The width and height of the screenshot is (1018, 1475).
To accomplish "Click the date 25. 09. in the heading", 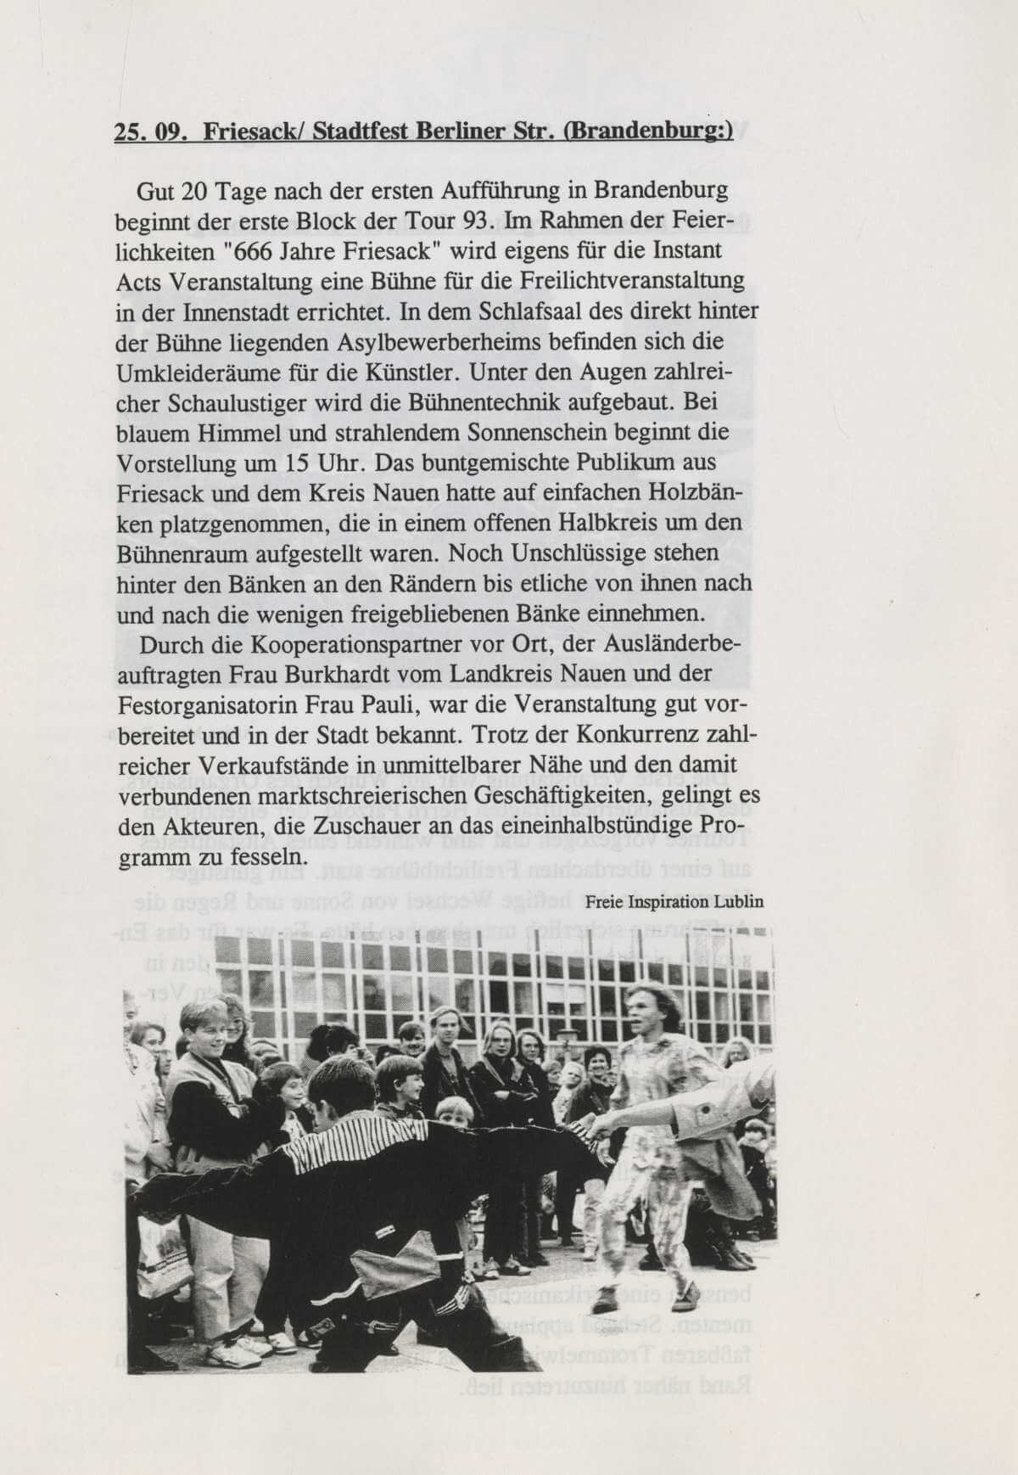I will tap(150, 133).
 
